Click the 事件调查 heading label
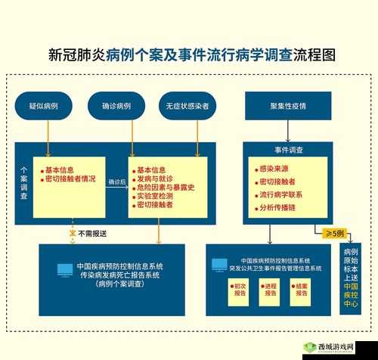point(288,151)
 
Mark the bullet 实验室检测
point(158,196)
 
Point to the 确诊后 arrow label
point(116,182)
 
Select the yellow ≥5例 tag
point(333,232)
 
